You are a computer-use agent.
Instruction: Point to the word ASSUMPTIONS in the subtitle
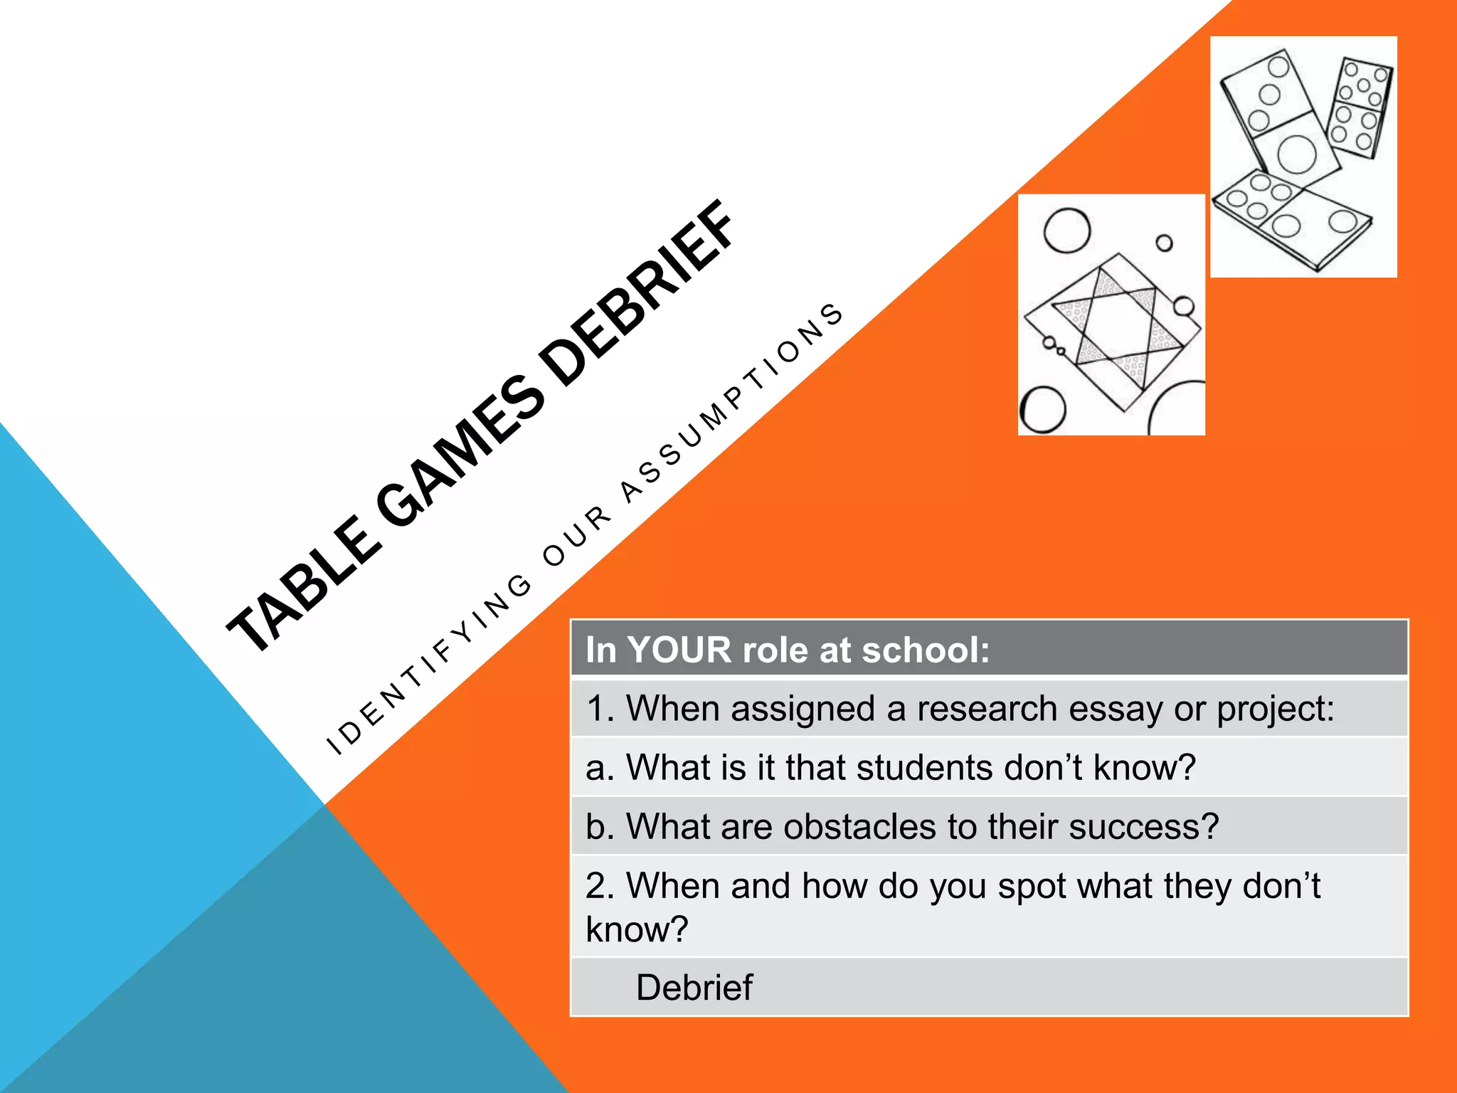point(733,402)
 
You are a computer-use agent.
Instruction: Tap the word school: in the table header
point(926,650)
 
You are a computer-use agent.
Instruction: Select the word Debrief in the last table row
point(694,988)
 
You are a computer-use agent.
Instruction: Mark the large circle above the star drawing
point(1066,231)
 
